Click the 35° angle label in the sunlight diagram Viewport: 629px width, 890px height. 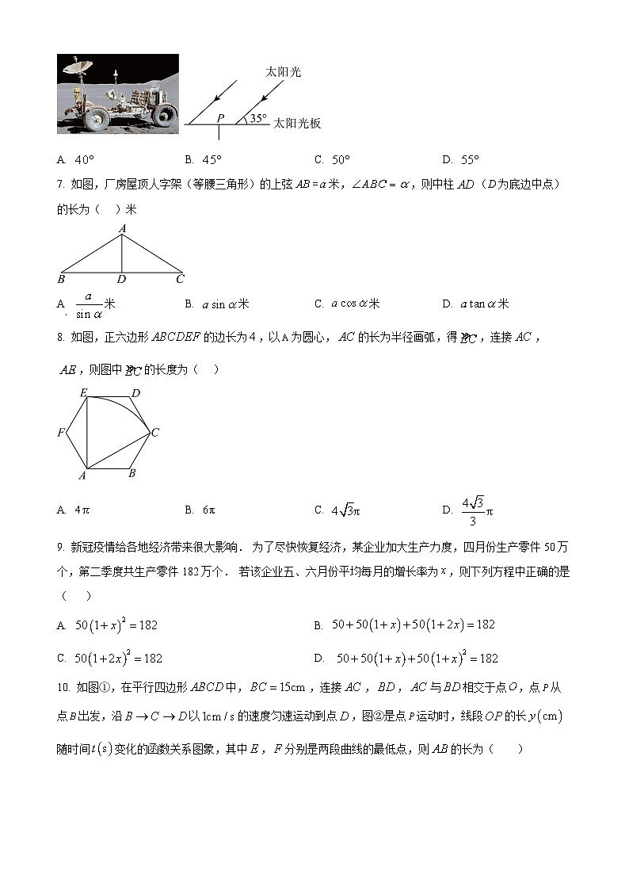point(257,119)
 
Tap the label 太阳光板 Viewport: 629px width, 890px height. point(296,124)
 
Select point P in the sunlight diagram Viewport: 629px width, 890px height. point(220,118)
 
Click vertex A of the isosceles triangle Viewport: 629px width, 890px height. point(122,229)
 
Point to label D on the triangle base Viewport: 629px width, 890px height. point(121,279)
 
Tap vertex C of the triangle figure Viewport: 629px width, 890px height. point(180,279)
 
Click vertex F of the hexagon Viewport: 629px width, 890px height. point(60,433)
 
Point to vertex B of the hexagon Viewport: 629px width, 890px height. point(132,473)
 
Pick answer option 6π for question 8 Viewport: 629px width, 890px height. point(209,510)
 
